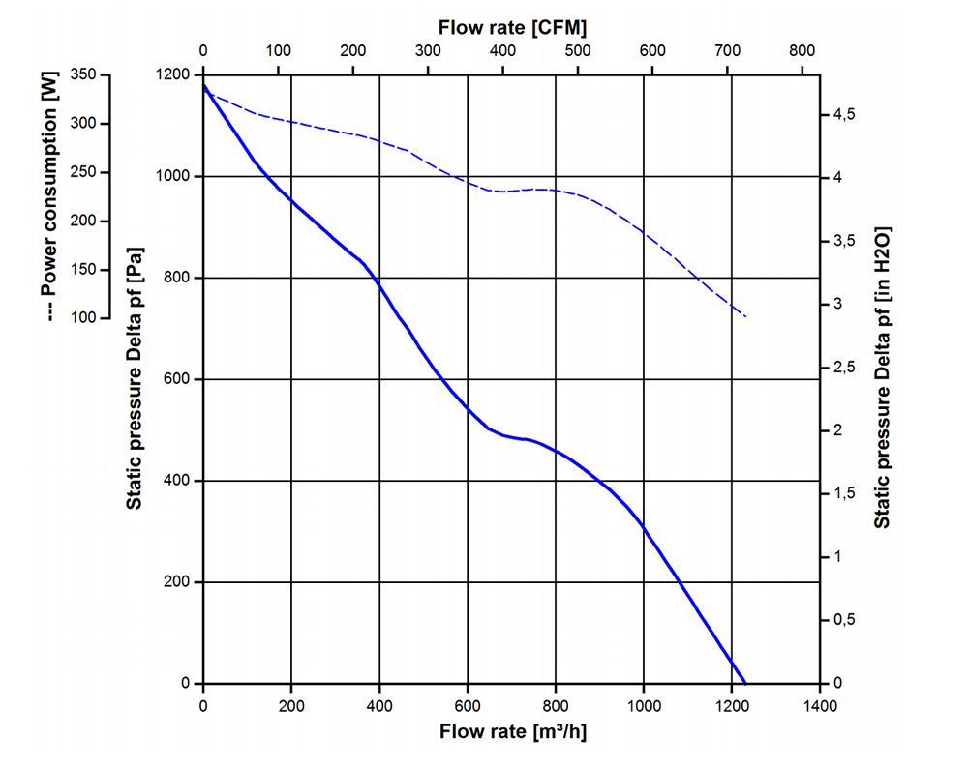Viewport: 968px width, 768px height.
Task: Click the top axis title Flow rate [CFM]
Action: coord(512,27)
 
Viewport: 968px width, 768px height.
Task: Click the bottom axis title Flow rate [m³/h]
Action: coord(512,731)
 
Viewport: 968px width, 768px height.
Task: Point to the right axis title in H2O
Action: coord(882,378)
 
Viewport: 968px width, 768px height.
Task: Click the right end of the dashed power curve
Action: coord(746,317)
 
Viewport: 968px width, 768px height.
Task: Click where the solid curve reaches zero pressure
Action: coord(745,683)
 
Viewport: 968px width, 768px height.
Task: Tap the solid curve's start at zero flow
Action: coord(203,85)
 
